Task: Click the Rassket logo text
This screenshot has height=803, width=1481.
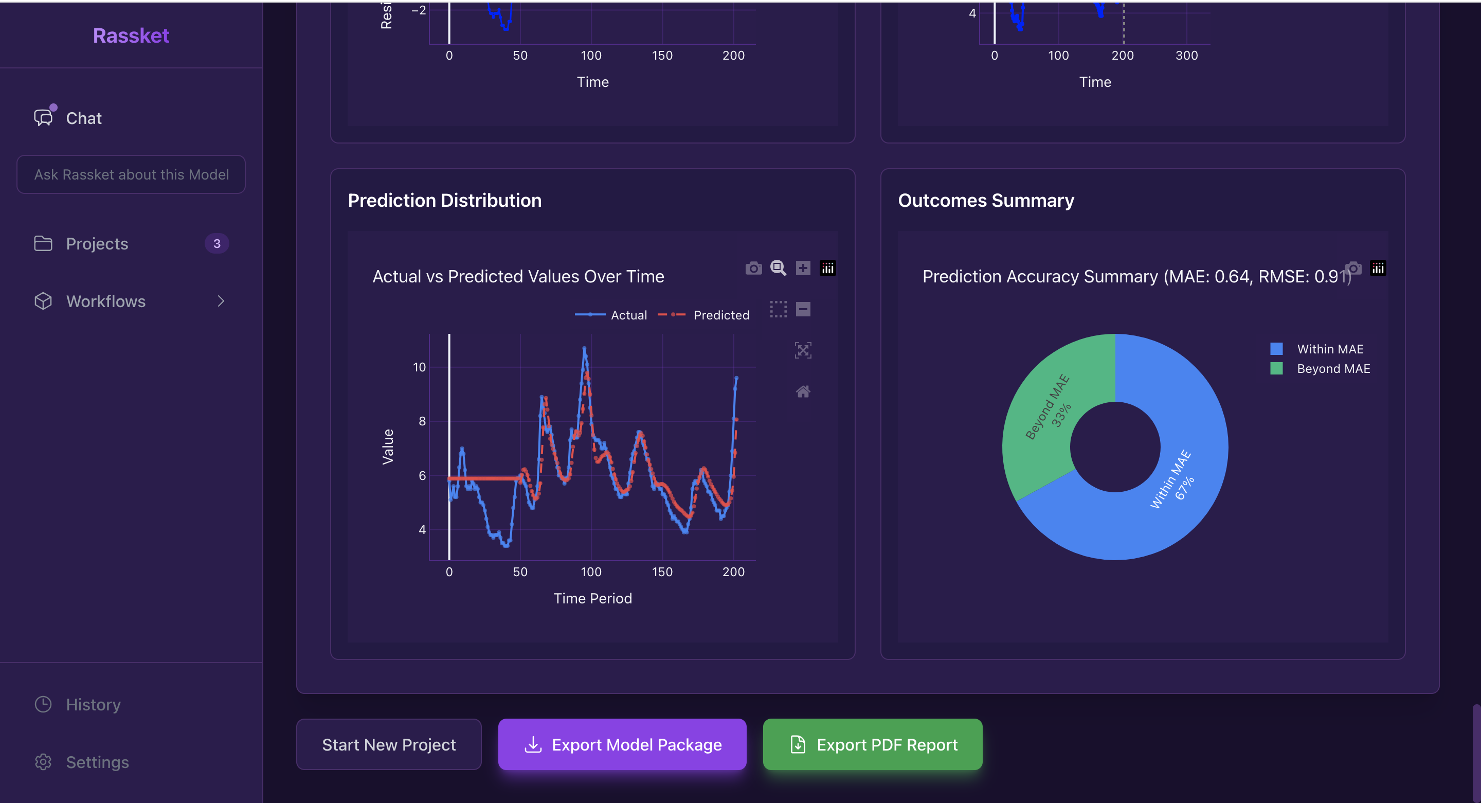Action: coord(131,35)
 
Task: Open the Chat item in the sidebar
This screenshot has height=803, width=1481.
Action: coord(83,118)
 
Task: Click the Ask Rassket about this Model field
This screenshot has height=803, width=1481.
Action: coord(131,174)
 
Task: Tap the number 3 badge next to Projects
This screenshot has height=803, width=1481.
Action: coord(216,244)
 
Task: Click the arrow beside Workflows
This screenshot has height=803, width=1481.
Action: coord(221,301)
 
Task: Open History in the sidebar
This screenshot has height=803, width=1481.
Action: coord(93,705)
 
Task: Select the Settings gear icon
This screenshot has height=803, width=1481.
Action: coord(43,762)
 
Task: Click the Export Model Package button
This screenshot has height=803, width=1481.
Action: coord(622,745)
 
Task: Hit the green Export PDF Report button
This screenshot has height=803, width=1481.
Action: coord(872,745)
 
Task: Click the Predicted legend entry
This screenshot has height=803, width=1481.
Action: coord(721,315)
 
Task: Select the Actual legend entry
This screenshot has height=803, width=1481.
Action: coord(628,315)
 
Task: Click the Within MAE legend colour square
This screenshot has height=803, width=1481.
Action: coord(1276,349)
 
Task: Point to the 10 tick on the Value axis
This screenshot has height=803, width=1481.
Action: coord(420,367)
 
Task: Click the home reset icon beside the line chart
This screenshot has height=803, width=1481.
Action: coord(803,391)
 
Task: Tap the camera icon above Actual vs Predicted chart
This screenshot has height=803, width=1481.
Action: coord(753,269)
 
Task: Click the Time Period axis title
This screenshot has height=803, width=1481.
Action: coord(592,598)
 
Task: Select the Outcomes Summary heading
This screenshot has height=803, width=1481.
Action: coord(985,200)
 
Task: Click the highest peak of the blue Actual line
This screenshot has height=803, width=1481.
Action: coord(585,349)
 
